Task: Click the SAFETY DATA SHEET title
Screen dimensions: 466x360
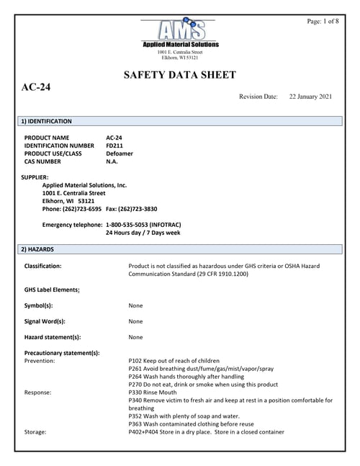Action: [x=180, y=74]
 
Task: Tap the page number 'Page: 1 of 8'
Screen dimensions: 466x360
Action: [x=323, y=22]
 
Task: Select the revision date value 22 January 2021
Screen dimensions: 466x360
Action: [x=310, y=96]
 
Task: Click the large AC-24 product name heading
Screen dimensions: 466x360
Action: [x=36, y=88]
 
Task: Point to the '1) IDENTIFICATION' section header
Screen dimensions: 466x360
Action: [x=46, y=122]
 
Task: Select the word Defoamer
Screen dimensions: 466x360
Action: [x=120, y=153]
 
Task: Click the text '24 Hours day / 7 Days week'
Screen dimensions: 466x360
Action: [x=143, y=233]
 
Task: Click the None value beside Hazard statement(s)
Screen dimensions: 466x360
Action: [x=135, y=337]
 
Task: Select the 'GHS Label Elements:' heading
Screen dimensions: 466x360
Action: [x=52, y=290]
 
